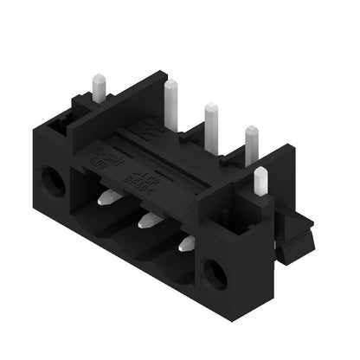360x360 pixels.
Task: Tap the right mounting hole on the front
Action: (215, 275)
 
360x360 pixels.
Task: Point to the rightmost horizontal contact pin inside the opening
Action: (185, 245)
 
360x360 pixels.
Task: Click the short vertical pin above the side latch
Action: (261, 181)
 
